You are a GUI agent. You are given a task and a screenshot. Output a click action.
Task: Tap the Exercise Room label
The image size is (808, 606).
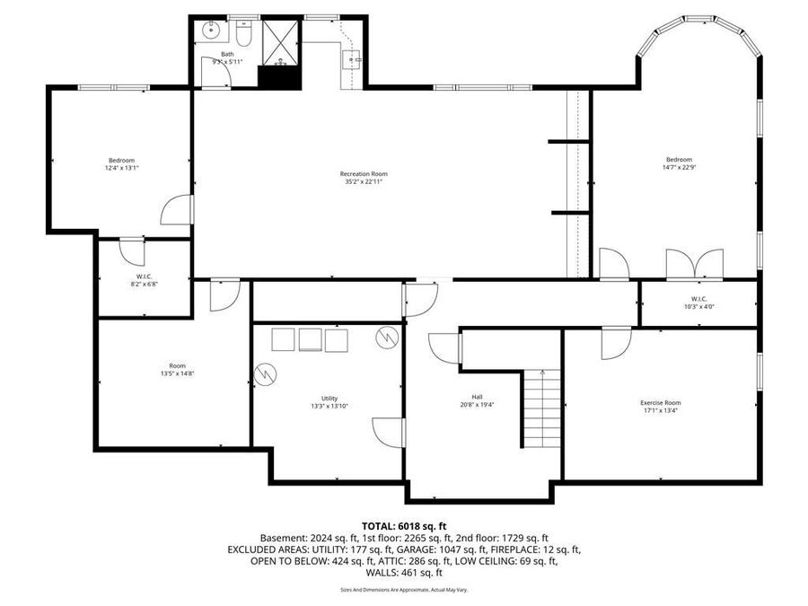click(x=660, y=403)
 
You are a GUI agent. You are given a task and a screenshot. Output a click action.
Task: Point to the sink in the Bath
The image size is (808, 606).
click(x=210, y=31)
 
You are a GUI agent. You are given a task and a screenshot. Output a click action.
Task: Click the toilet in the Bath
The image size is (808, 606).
click(x=243, y=34)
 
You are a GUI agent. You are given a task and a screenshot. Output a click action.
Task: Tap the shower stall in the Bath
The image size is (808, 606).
click(x=280, y=41)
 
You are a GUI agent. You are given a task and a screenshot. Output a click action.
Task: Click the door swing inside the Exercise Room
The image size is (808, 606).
click(x=616, y=344)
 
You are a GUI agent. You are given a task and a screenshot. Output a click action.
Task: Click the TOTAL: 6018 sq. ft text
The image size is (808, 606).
click(x=403, y=525)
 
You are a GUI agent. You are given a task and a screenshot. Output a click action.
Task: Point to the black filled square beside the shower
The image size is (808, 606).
click(x=278, y=77)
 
